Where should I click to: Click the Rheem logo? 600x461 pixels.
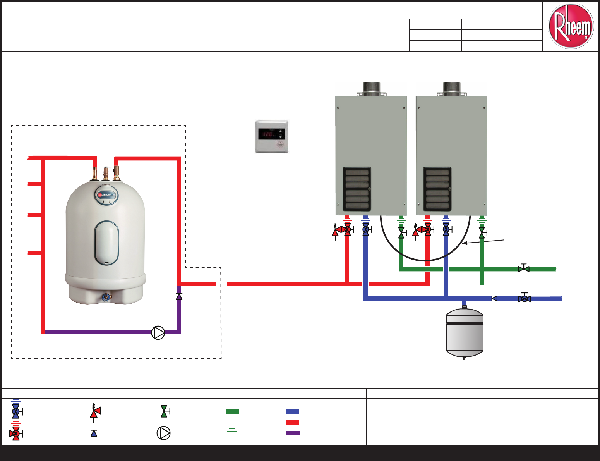[x=571, y=26]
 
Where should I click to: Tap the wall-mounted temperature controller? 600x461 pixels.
[x=272, y=137]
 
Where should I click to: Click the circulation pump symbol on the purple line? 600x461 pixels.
[x=158, y=332]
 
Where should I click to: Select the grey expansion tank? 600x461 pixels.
[x=465, y=333]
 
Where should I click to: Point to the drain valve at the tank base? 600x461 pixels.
[x=106, y=298]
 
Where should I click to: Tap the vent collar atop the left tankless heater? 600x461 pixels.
[x=371, y=89]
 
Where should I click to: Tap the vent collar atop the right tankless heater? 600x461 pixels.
[x=452, y=89]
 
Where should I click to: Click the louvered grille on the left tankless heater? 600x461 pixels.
[x=357, y=189]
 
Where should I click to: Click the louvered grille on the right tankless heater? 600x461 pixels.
[x=437, y=189]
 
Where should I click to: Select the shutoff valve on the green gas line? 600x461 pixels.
[x=524, y=268]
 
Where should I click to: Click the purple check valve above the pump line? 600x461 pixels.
[x=179, y=296]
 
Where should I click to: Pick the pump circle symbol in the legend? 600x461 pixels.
[x=163, y=433]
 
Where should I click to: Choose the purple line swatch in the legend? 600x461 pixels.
[x=293, y=433]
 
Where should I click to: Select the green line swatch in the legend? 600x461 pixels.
[x=232, y=412]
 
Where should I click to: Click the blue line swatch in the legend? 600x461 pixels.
[x=292, y=411]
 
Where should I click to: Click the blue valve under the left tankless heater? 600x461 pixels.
[x=366, y=229]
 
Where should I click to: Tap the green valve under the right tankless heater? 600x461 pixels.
[x=482, y=232]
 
